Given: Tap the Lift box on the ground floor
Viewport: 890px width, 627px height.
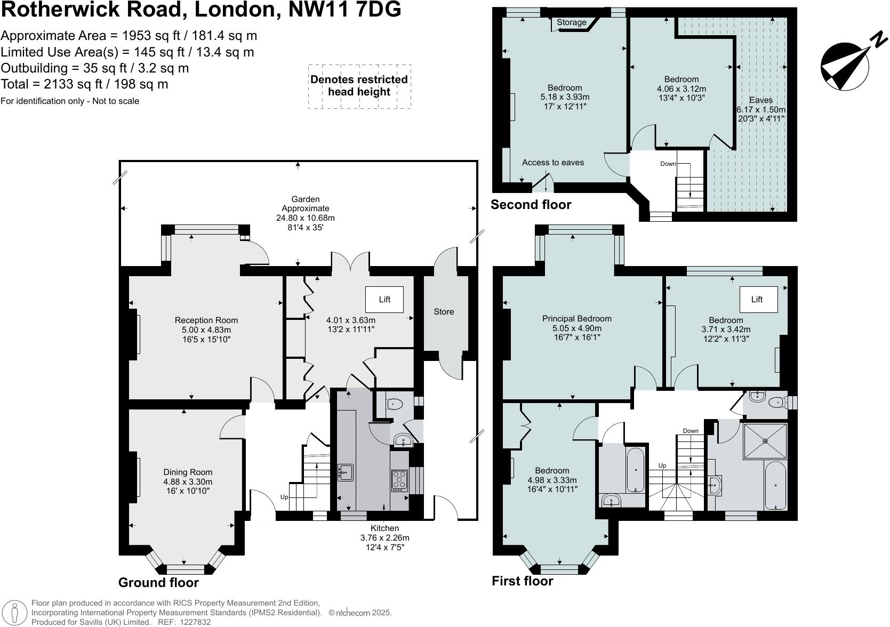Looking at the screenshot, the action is click(384, 300).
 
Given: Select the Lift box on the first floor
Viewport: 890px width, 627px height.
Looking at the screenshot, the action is click(757, 300).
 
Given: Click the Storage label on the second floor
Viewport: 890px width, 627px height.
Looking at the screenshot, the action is click(571, 22).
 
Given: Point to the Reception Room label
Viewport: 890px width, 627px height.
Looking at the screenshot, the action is click(206, 320).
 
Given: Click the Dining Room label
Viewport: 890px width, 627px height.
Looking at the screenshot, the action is click(188, 472).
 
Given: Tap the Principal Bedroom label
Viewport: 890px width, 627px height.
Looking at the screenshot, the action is click(576, 319).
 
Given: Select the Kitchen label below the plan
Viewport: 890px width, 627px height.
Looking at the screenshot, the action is click(384, 528).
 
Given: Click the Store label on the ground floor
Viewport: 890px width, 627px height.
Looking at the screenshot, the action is click(444, 312).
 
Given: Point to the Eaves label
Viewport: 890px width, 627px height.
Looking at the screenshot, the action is click(760, 100).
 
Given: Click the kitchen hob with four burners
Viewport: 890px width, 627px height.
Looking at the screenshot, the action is click(399, 480).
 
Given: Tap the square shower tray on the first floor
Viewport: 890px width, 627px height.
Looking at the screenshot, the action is click(765, 441).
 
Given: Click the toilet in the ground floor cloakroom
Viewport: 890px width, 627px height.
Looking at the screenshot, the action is click(394, 404).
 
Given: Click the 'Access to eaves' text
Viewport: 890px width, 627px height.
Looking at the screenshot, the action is click(552, 163).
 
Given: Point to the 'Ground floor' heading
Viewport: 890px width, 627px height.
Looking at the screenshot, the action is click(158, 583).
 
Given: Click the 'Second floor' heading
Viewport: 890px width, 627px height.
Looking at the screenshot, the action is click(531, 205).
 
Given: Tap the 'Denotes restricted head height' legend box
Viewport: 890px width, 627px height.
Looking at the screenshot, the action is click(359, 86).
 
